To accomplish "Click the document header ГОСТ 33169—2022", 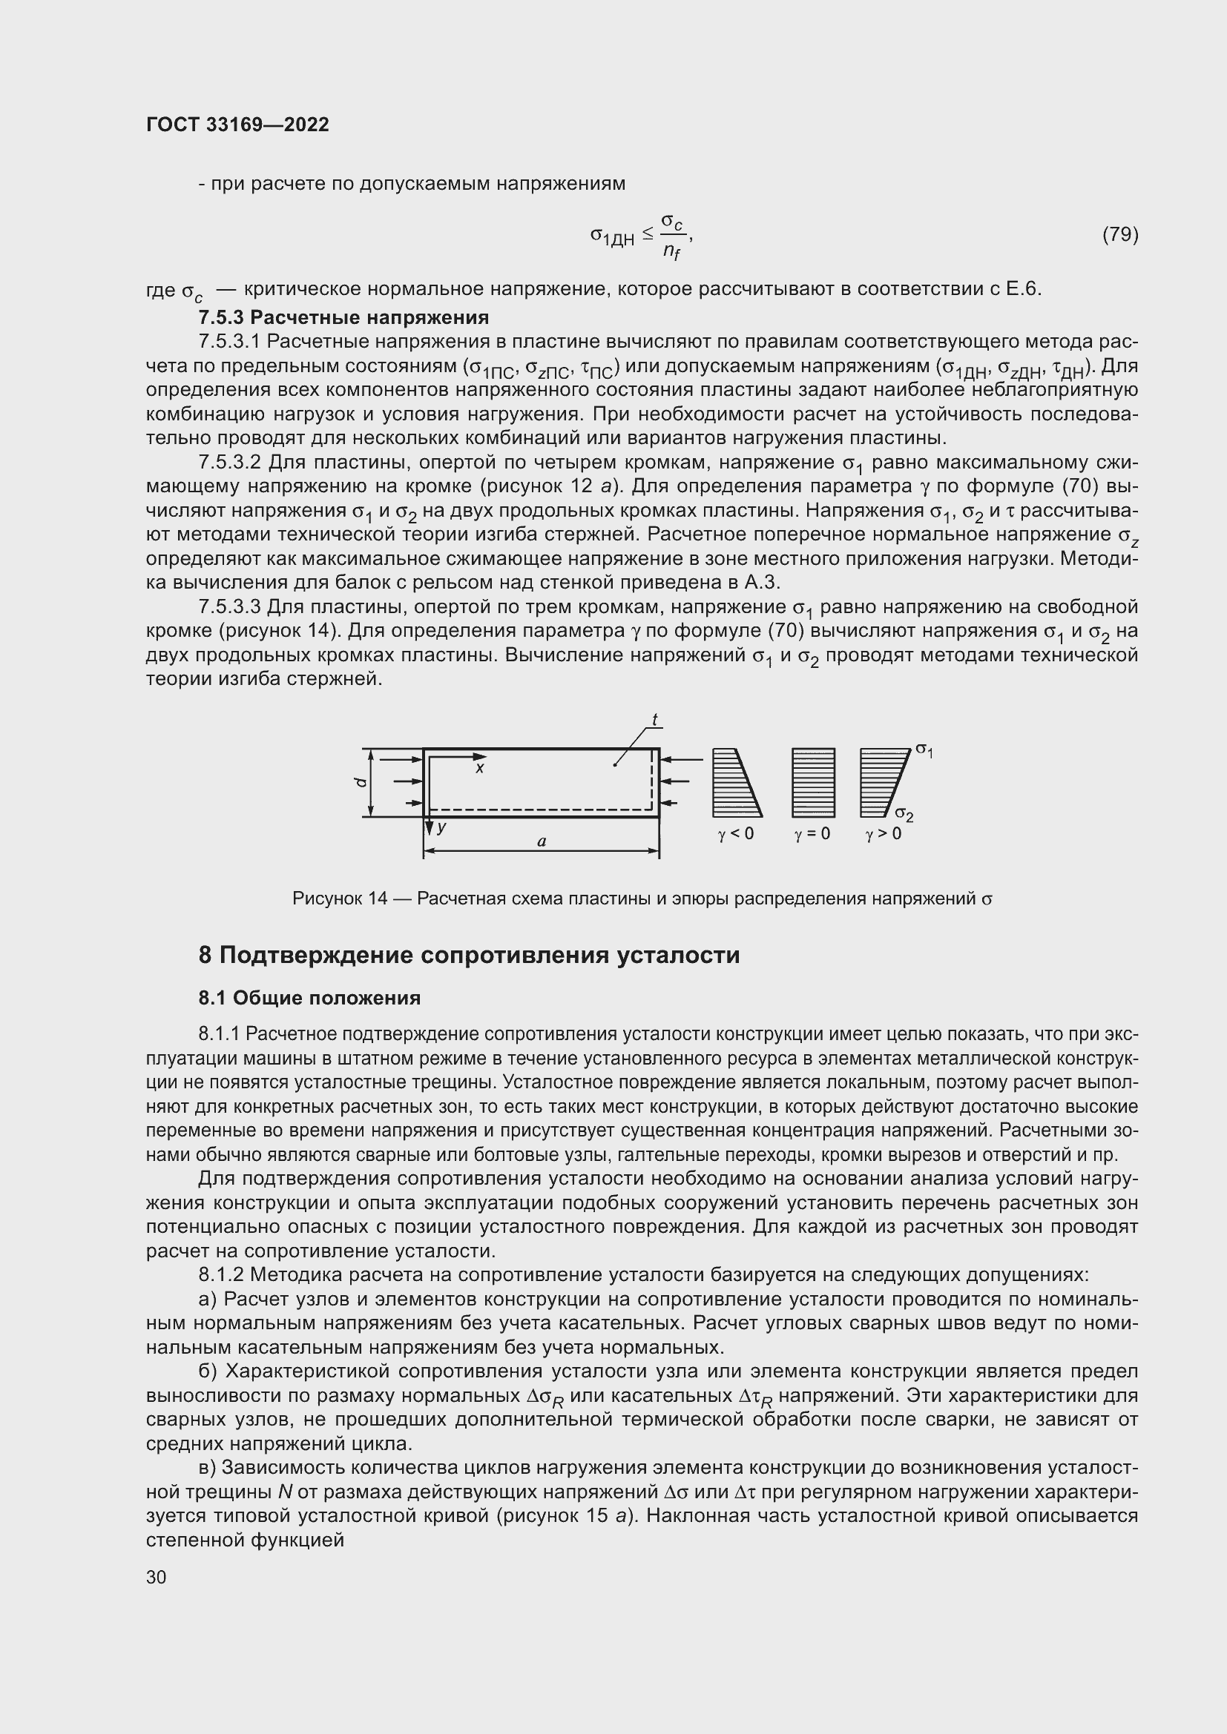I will [x=237, y=125].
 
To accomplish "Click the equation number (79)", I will [x=1119, y=235].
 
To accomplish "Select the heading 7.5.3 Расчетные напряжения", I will [x=343, y=317].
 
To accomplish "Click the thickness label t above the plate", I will [x=655, y=720].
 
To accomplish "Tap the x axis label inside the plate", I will [x=479, y=768].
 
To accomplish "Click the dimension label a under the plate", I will [x=541, y=841].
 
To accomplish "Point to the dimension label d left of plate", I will [x=361, y=782].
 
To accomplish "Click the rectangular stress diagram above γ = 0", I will [x=813, y=782].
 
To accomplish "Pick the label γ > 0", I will [x=884, y=834].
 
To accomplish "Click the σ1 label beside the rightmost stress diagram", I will [x=924, y=749].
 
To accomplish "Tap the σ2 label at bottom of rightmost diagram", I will [x=904, y=814].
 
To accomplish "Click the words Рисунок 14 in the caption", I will [x=339, y=899].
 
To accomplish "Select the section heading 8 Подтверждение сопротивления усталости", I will [x=468, y=956].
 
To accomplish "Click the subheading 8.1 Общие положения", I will [x=309, y=998].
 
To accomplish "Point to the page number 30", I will [x=157, y=1577].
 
